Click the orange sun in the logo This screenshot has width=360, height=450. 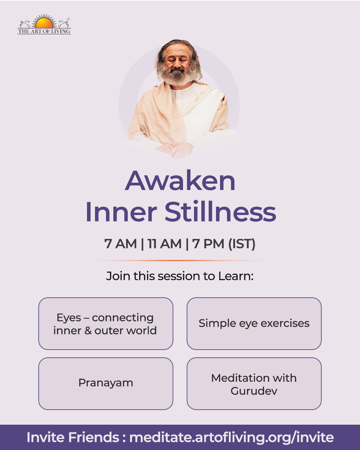[44, 23]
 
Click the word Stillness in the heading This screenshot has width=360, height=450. [220, 211]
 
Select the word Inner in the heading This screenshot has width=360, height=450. [121, 211]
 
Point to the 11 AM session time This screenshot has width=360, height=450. [164, 244]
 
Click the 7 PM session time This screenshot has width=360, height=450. [208, 244]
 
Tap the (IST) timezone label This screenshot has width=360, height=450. [242, 244]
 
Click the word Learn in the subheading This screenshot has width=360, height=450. [236, 276]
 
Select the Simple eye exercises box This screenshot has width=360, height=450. [254, 323]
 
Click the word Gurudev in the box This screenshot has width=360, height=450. [254, 391]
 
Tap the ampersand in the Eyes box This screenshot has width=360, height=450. [88, 331]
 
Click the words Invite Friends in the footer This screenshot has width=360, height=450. [73, 437]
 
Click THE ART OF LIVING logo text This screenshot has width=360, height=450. [44, 31]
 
